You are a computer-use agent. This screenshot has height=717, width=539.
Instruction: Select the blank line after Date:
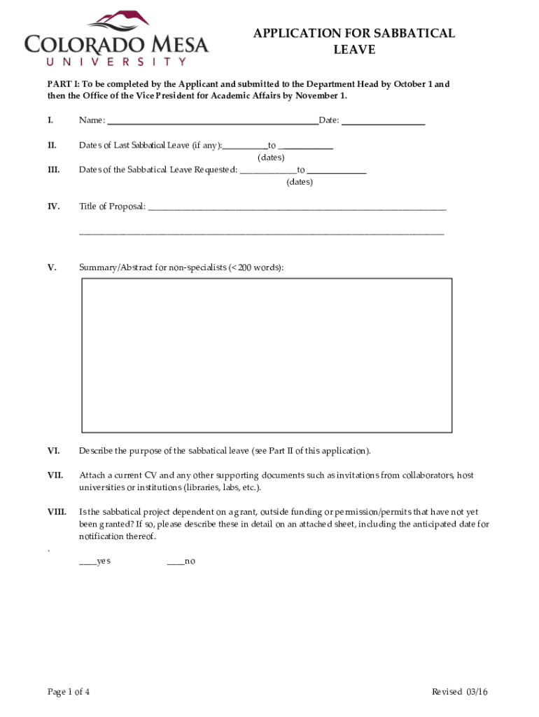click(383, 120)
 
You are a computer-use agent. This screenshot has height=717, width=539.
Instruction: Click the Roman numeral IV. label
click(53, 207)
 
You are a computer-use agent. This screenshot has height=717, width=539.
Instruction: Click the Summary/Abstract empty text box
click(267, 355)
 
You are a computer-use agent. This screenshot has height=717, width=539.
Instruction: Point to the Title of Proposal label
click(112, 207)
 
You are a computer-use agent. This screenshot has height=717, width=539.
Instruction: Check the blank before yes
click(87, 562)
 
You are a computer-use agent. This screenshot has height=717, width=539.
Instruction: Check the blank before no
click(175, 562)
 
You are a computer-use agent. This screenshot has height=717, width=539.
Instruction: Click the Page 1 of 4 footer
click(68, 692)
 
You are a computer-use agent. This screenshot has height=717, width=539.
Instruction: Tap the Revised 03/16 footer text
click(459, 692)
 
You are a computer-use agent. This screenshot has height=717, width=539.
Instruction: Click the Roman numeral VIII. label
click(57, 512)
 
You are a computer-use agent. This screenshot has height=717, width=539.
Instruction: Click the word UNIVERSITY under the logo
click(106, 61)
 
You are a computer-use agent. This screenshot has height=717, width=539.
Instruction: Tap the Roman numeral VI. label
click(53, 451)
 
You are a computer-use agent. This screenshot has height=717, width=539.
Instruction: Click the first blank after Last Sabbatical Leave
click(245, 146)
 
